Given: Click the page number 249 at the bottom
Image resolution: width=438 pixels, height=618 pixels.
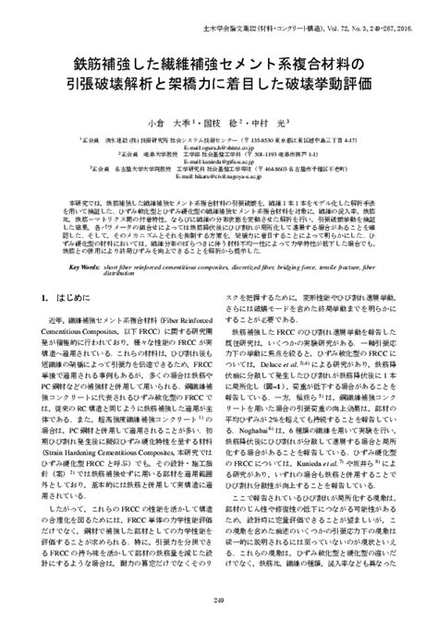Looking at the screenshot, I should coord(219,600).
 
